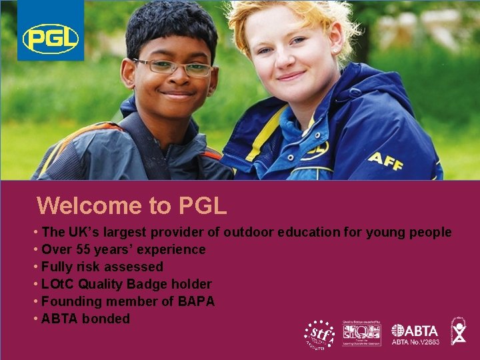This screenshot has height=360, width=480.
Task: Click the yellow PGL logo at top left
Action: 51,38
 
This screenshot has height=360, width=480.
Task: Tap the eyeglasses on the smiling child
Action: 172,67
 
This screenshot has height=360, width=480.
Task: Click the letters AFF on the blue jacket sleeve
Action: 385,160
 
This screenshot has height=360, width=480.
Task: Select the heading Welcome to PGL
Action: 132,205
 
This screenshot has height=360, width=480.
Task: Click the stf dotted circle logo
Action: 318,333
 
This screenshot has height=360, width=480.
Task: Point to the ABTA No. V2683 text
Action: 415,343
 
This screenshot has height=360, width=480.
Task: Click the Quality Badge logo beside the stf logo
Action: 361,333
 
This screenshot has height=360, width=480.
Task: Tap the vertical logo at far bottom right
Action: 459,331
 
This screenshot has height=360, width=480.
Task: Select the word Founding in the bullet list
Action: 69,301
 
